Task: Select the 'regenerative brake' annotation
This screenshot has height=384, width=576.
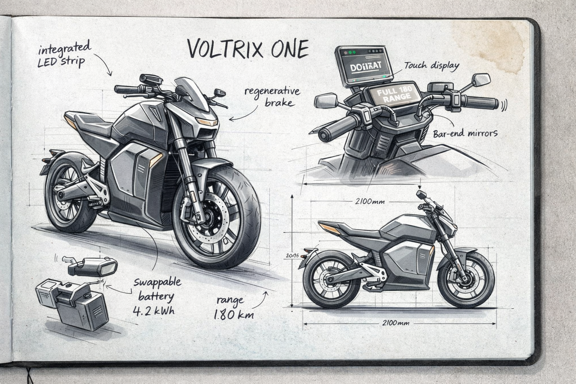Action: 272,96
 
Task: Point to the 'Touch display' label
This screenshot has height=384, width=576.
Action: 432,66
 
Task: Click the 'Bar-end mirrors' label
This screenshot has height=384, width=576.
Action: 465,133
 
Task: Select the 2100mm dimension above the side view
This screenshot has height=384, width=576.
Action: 369,201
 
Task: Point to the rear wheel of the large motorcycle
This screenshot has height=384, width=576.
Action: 67,195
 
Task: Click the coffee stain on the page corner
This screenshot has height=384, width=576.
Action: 487,45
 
